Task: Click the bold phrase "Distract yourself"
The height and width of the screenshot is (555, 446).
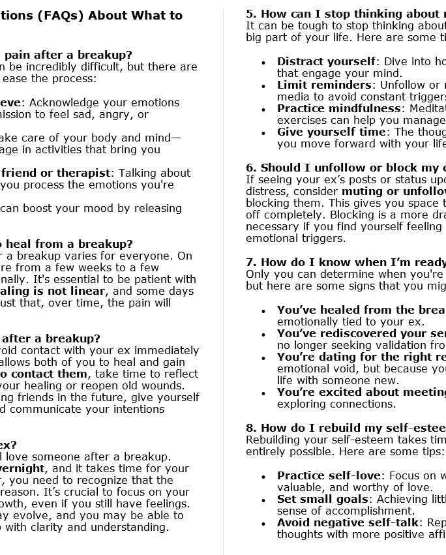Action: coord(325,61)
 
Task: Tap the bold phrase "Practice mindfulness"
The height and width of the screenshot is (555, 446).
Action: coord(338,108)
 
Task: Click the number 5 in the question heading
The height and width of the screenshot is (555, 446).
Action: coord(250,14)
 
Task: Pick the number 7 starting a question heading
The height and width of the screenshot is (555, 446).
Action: coord(250,262)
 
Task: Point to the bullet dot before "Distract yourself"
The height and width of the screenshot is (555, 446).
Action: coord(263,63)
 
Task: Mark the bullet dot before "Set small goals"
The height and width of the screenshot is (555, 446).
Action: coord(263,500)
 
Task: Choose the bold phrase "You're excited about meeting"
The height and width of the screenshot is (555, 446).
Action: coord(361,392)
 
